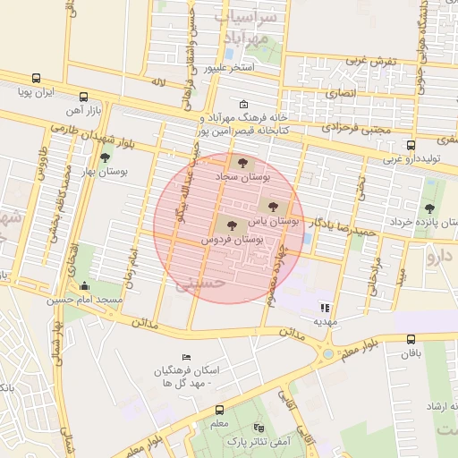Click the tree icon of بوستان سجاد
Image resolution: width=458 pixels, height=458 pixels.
click(x=242, y=162)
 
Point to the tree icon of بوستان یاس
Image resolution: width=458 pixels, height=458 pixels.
click(x=273, y=205)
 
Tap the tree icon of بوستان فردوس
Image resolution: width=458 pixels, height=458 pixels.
click(x=232, y=225)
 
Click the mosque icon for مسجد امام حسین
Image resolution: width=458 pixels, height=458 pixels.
click(x=85, y=285)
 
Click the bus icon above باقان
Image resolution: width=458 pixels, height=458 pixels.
click(x=411, y=339)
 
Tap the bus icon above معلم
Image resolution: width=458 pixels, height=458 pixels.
click(x=219, y=409)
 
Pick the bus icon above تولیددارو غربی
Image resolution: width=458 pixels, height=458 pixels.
click(x=411, y=145)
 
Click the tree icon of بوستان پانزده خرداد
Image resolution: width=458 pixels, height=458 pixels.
click(x=429, y=208)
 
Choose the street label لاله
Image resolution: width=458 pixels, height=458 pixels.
click(x=158, y=82)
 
